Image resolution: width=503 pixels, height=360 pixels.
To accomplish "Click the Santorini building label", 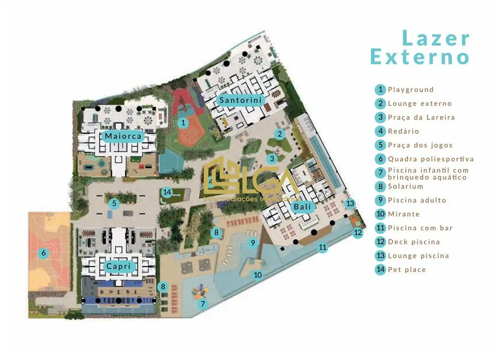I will click(240, 100).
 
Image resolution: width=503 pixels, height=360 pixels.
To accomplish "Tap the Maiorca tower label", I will click(123, 136).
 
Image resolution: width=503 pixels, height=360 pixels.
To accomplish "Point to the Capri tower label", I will click(119, 266).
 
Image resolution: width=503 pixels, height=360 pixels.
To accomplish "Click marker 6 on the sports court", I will click(43, 253).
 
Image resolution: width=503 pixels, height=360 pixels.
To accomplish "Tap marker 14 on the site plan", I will click(167, 193).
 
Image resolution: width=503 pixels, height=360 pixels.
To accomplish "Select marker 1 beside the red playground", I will click(183, 122).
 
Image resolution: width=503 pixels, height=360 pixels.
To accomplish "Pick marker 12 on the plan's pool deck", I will click(358, 233).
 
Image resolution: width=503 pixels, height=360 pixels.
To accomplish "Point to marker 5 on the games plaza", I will click(114, 203).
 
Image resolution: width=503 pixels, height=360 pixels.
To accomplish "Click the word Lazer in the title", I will click(435, 39).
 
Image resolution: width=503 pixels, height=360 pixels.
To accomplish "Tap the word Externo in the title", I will click(420, 57).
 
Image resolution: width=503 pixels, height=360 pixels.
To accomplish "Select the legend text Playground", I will click(410, 90).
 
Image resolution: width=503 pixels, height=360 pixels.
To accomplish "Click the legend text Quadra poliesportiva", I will click(430, 159).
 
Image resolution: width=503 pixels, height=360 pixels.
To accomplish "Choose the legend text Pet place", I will click(407, 270).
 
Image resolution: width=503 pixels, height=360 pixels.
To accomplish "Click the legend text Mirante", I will click(403, 214).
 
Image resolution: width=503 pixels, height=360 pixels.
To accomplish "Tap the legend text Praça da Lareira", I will click(421, 117).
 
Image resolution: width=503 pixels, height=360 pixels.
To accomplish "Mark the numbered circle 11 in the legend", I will click(380, 228).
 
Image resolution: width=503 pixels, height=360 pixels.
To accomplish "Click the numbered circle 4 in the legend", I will click(380, 131).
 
